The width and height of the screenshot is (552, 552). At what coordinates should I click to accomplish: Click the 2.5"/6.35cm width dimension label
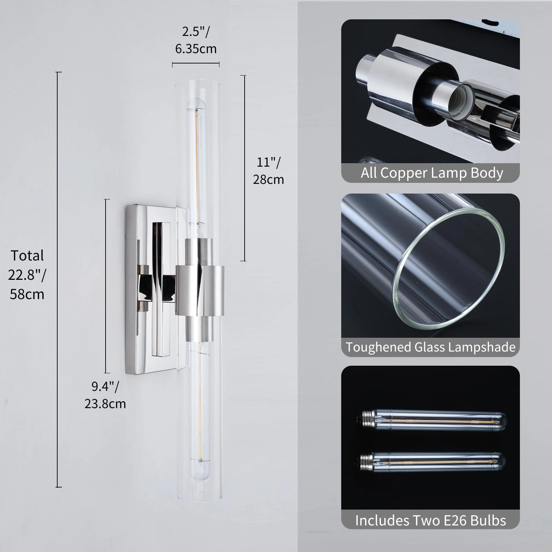click(x=196, y=40)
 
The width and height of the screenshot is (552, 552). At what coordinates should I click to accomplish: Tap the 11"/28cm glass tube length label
click(x=268, y=171)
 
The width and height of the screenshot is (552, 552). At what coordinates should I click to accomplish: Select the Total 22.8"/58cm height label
click(x=27, y=275)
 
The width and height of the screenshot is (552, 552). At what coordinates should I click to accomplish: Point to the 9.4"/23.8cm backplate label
click(x=105, y=395)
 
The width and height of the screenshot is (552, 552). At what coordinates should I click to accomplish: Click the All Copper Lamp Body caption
click(x=432, y=172)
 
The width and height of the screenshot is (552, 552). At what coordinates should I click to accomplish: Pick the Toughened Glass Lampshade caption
click(x=431, y=347)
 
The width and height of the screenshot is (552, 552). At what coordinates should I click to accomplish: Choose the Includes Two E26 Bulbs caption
click(x=431, y=520)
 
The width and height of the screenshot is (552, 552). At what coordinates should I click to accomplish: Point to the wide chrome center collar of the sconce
click(x=200, y=290)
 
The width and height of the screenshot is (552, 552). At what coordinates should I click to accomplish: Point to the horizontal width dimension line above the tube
click(x=196, y=63)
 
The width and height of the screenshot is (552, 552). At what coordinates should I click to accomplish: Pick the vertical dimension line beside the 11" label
click(x=245, y=168)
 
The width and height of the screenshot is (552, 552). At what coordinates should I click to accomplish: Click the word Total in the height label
click(x=27, y=256)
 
